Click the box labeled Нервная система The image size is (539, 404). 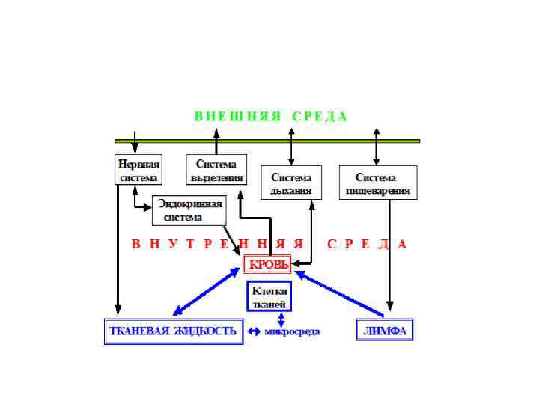pos(138,170)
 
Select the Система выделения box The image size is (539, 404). pos(216,170)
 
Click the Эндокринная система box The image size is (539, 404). pos(189,210)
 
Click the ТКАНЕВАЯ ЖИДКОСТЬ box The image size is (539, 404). pos(173,331)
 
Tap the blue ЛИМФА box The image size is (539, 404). pos(384,331)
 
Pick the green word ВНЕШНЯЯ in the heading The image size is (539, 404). pos(237,117)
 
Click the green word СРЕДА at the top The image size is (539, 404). pos(320,117)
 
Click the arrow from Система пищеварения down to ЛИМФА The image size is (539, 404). pos(389,254)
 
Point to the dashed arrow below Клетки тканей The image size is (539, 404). pos(271,319)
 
